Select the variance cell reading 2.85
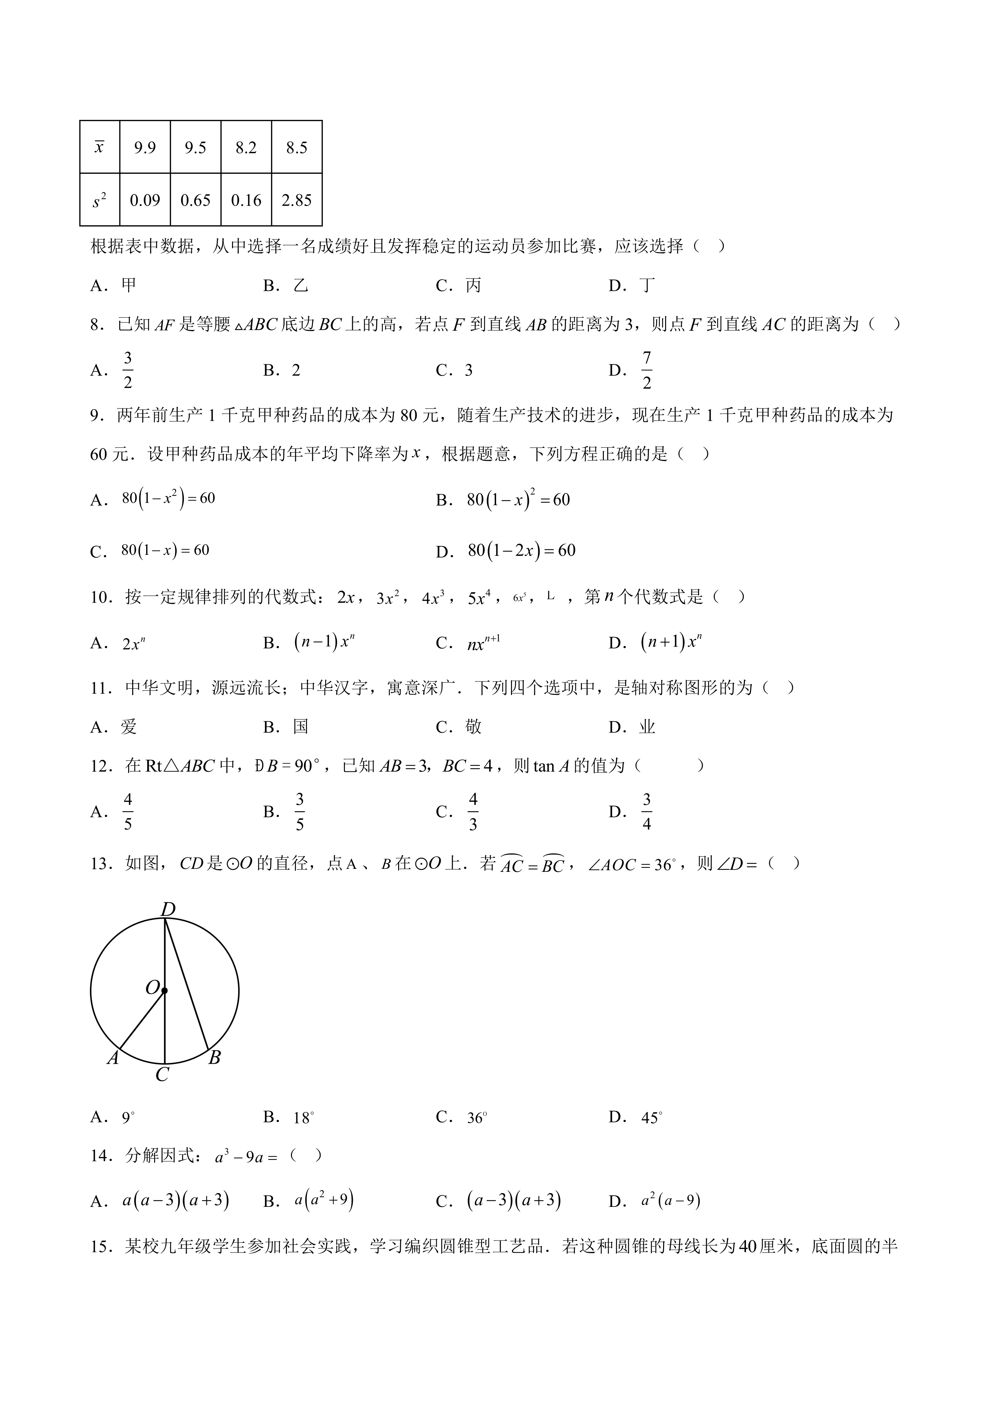pos(297,200)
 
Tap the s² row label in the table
pos(100,200)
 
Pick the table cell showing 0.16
pos(246,200)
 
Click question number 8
pos(98,325)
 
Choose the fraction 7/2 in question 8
pos(647,370)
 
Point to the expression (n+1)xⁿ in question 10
pos(671,642)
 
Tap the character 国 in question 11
pos(301,727)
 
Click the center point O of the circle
pos(165,990)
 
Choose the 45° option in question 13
pos(652,1118)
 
